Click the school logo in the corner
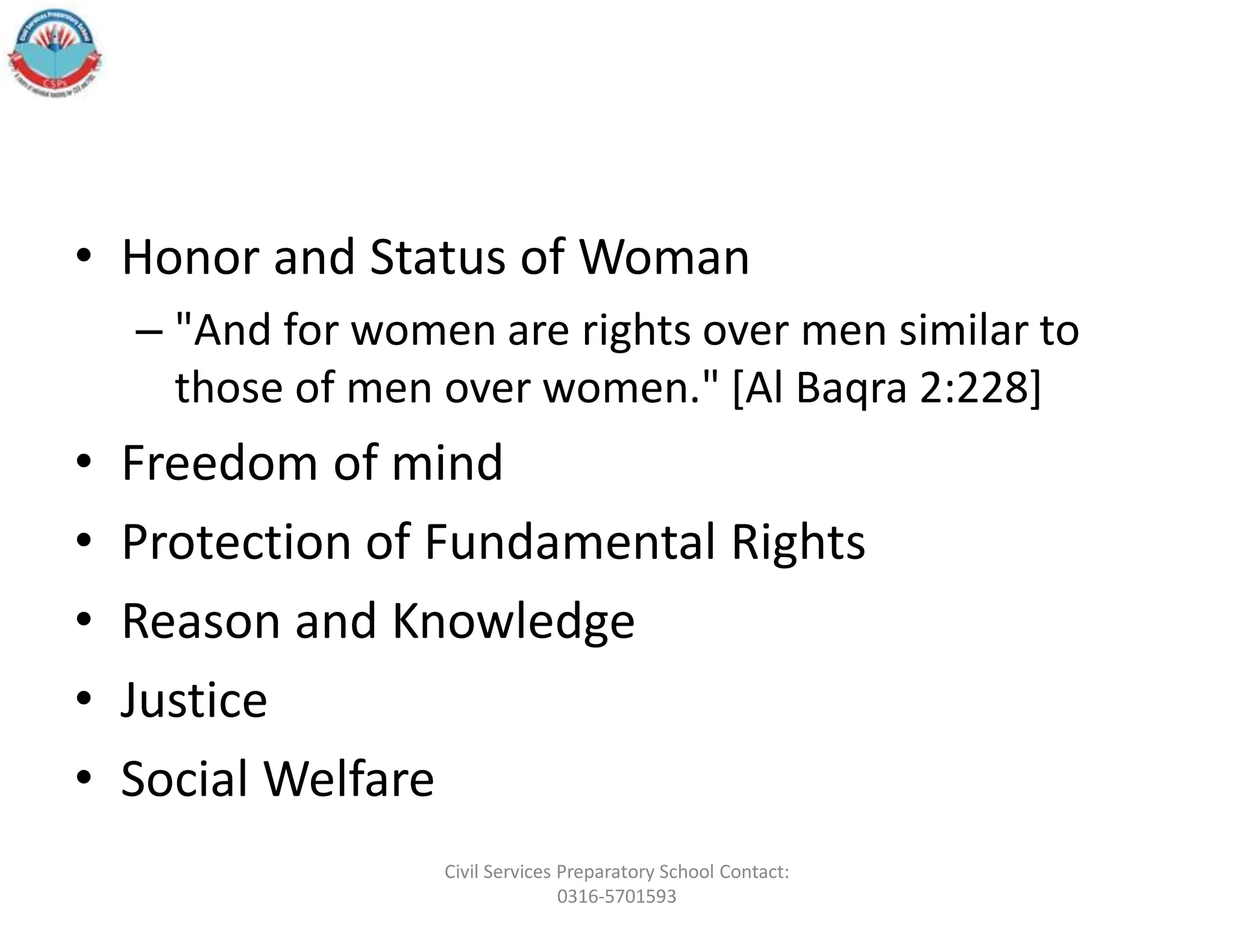pos(54,55)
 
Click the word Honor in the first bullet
pos(190,257)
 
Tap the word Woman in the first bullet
pos(664,257)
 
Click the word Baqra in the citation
pos(851,388)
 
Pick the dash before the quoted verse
pos(149,332)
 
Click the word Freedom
pos(219,463)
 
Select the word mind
pos(446,463)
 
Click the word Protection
pos(236,542)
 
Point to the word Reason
pos(201,621)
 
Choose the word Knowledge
pos(513,621)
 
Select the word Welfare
pos(349,779)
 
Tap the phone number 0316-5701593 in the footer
pos(616,896)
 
